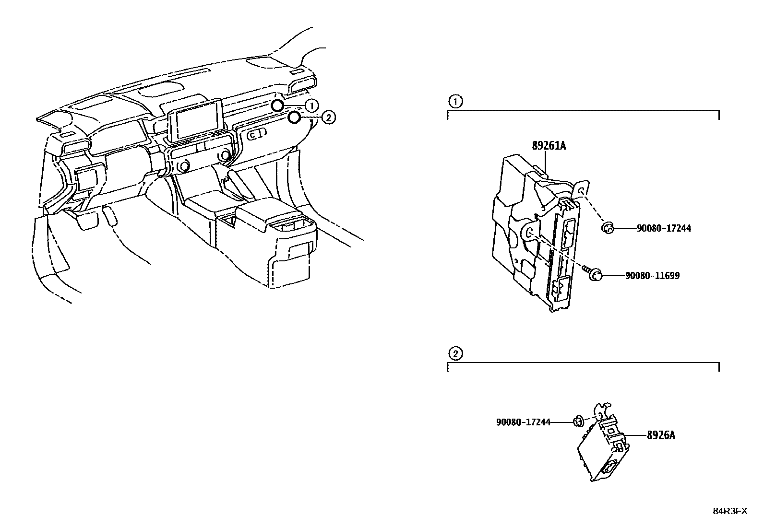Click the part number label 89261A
click(549, 145)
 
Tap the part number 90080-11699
click(652, 276)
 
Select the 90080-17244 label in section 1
click(664, 229)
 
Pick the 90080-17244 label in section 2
click(523, 422)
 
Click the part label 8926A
click(661, 435)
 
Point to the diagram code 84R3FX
click(729, 511)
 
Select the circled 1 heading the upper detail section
click(455, 101)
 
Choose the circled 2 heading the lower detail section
click(455, 354)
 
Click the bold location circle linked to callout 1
click(277, 105)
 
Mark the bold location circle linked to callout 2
click(295, 117)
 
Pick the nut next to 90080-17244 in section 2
click(578, 422)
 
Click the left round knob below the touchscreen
click(183, 166)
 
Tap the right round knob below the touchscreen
click(225, 156)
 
